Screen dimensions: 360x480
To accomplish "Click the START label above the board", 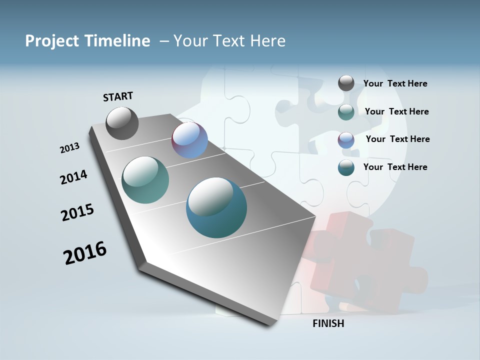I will tap(118, 96).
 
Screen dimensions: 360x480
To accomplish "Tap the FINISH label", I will tap(328, 323).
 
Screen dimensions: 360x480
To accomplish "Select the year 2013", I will tap(70, 148).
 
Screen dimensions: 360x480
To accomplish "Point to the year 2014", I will tap(74, 177).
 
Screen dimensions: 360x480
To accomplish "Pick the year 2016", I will tap(85, 253).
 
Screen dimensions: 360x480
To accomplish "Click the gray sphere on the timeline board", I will tap(122, 123).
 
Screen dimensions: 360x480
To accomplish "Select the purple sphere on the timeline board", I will tap(189, 140).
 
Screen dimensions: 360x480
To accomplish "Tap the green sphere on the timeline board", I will tap(145, 180).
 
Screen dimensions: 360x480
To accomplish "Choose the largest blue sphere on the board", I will tap(216, 207).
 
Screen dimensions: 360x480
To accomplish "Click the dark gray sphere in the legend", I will tap(346, 83).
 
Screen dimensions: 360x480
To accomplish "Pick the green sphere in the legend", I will tap(346, 112).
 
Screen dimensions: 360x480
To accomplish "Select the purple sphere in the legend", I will tap(346, 140).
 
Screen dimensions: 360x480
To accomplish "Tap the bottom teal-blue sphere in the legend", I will tap(346, 167).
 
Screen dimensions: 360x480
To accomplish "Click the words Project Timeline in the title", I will tap(87, 41).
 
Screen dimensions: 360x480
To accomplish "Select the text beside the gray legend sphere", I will tap(395, 84).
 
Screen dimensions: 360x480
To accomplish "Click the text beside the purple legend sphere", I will tap(397, 139).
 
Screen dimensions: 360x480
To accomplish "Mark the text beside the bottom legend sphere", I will tap(395, 167).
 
